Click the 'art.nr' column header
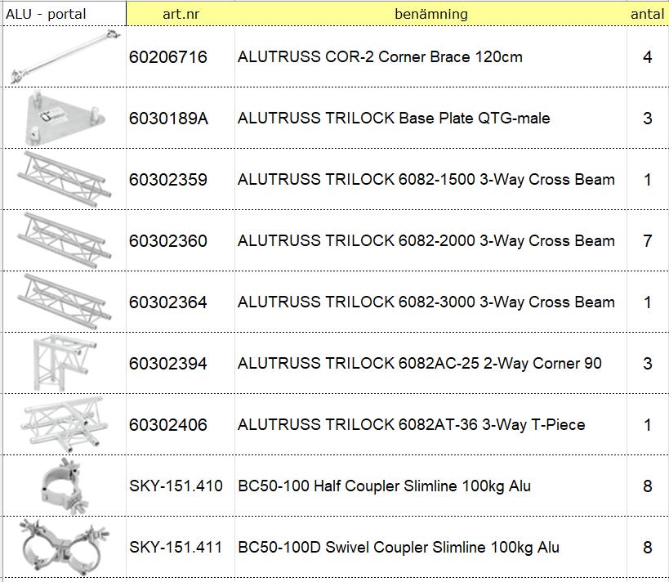181,14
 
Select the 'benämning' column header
431,14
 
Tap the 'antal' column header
647,14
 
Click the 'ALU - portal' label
46,14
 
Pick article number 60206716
168,56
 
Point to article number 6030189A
168,119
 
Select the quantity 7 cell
647,241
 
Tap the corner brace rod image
65,56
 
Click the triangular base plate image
65,119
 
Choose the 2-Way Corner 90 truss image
64,363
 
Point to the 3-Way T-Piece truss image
64,424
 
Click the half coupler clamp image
64,486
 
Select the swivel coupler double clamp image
64,547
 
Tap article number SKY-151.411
176,547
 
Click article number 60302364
168,302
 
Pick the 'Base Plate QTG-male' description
475,119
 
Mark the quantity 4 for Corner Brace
647,56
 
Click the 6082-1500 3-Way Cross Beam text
506,180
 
